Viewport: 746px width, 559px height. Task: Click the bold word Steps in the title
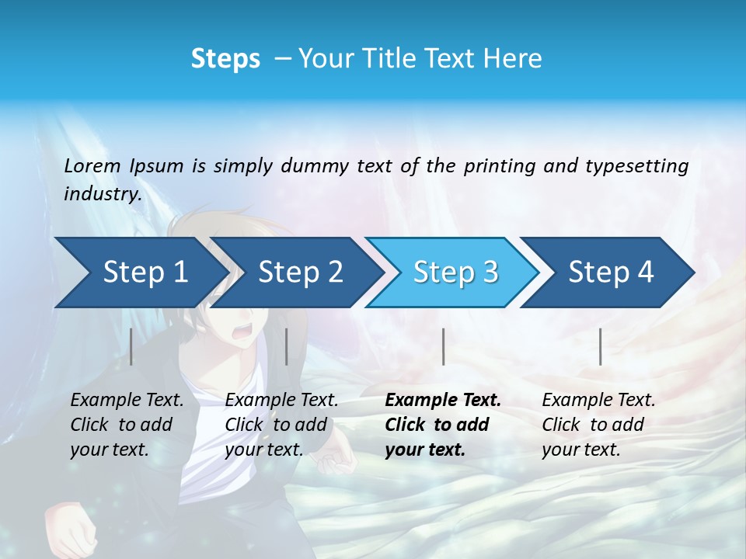point(225,58)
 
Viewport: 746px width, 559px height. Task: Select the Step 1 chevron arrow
point(140,273)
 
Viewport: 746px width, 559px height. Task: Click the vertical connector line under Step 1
point(131,346)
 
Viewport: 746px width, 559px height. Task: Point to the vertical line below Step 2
point(287,346)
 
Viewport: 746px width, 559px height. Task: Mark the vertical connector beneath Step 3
point(443,346)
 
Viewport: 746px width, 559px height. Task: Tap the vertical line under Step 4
point(600,346)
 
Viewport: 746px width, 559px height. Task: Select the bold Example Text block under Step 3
point(443,425)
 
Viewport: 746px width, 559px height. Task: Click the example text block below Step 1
point(127,425)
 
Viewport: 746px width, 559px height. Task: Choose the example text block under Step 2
point(281,425)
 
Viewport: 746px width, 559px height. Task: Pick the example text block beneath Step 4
point(598,425)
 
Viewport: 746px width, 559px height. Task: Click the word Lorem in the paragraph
point(92,166)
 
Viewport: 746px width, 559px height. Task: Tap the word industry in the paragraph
point(102,194)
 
